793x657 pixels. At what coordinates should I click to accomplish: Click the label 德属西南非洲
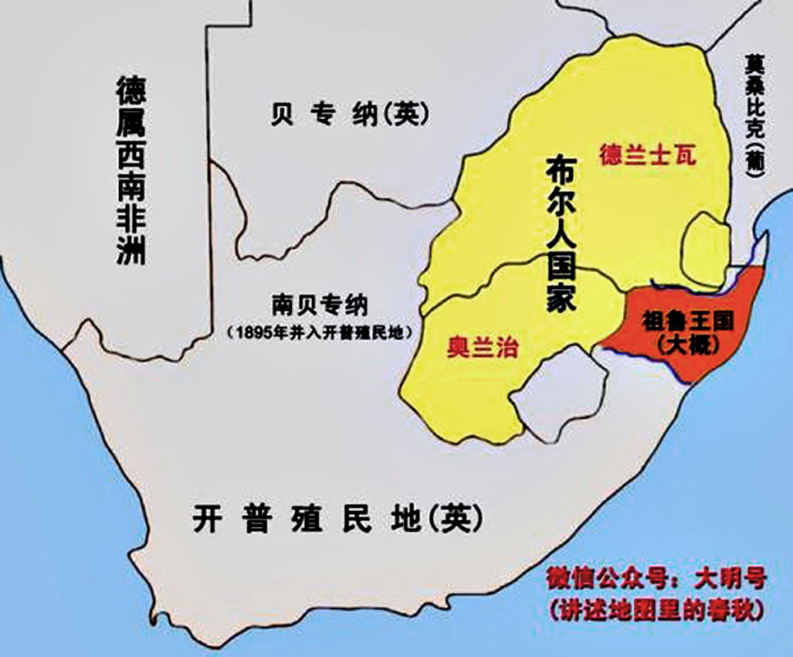(x=130, y=171)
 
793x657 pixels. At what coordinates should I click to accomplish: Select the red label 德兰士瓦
(x=647, y=155)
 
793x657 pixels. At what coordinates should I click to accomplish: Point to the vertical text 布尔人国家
(x=561, y=233)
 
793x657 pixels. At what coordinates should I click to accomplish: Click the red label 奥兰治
(x=482, y=347)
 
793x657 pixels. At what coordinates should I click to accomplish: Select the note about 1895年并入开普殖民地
(x=319, y=332)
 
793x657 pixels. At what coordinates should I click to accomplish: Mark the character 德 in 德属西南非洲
(x=130, y=92)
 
